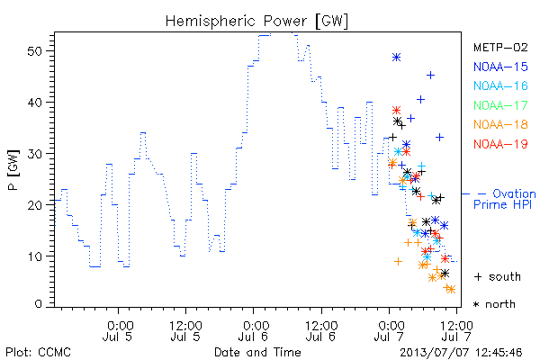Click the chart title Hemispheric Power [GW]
pyautogui.click(x=256, y=21)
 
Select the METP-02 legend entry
pyautogui.click(x=500, y=47)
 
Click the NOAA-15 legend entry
pyautogui.click(x=500, y=67)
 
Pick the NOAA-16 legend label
pyautogui.click(x=500, y=85)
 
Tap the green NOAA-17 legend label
pyautogui.click(x=500, y=105)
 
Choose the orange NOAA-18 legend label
pyautogui.click(x=500, y=124)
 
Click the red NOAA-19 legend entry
pyautogui.click(x=500, y=144)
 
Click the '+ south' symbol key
pyautogui.click(x=498, y=276)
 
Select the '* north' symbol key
pyautogui.click(x=494, y=304)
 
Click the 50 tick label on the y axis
pyautogui.click(x=34, y=51)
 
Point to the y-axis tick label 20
pyautogui.click(x=34, y=205)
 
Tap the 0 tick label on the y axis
pyautogui.click(x=38, y=304)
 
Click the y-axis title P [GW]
pyautogui.click(x=13, y=170)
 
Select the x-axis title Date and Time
pyautogui.click(x=257, y=352)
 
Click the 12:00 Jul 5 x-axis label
pyautogui.click(x=185, y=330)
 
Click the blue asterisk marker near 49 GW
pyautogui.click(x=396, y=58)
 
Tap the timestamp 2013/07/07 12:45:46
pyautogui.click(x=461, y=353)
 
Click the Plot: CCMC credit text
pyautogui.click(x=38, y=353)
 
